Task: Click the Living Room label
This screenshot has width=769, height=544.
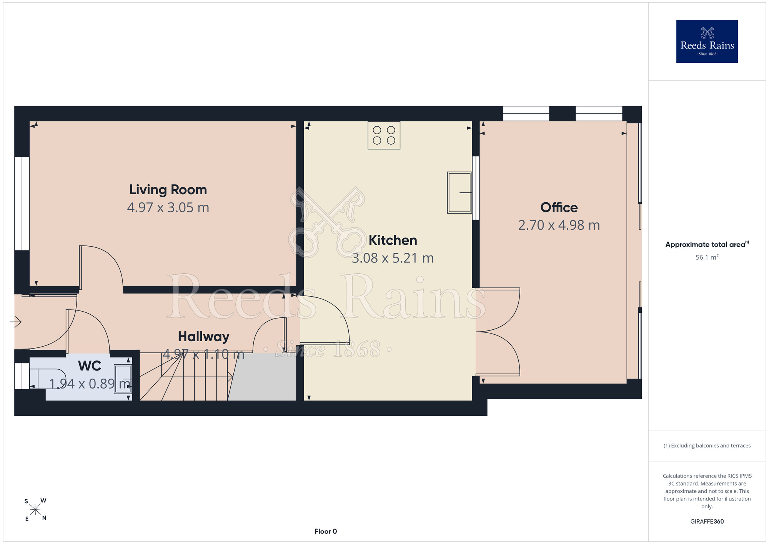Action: (x=168, y=190)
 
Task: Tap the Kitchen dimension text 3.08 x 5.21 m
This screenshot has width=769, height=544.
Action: (x=393, y=258)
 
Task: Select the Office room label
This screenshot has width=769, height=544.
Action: (x=559, y=207)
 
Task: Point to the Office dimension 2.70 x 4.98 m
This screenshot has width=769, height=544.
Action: (x=559, y=225)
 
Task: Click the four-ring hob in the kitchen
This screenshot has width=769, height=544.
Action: (x=384, y=135)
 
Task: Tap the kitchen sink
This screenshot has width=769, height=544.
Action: (x=459, y=192)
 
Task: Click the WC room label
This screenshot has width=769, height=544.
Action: (x=90, y=366)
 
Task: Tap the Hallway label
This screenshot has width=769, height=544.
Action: (x=203, y=337)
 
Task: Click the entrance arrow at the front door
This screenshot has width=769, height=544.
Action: (x=15, y=321)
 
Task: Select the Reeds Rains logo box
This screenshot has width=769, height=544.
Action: (x=707, y=42)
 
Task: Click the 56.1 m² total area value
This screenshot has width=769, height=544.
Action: (x=707, y=257)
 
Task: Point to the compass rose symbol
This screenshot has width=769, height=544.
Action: (x=35, y=510)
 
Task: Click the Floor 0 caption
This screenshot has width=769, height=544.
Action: (x=326, y=531)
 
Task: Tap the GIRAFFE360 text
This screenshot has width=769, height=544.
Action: (x=707, y=522)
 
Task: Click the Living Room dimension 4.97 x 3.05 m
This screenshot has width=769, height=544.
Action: (x=168, y=208)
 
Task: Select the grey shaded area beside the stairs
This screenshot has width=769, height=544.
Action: (x=262, y=377)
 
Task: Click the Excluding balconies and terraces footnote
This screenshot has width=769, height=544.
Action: (x=707, y=446)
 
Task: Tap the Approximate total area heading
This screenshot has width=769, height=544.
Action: (x=707, y=244)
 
